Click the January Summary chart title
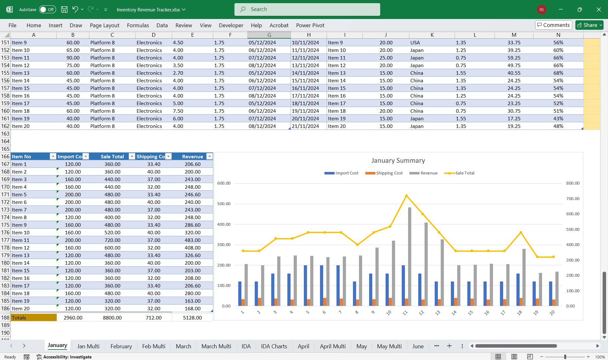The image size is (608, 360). (398, 161)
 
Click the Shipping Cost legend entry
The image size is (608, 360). (384, 173)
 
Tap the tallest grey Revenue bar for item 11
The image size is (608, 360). (410, 256)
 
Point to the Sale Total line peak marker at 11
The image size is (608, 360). (406, 196)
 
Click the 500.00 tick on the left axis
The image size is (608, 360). (224, 204)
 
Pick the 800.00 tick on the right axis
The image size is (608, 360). (573, 183)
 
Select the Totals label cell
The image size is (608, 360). (34, 318)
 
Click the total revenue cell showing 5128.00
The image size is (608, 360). (192, 318)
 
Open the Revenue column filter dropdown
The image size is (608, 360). (209, 156)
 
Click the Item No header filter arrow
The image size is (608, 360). (53, 156)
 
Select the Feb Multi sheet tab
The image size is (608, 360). (154, 346)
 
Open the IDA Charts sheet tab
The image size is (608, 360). (274, 346)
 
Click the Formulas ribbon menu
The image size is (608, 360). (138, 25)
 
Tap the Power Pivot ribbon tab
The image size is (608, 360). (310, 25)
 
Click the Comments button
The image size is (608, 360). (553, 25)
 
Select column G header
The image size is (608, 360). (269, 35)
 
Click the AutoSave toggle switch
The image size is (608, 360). (48, 9)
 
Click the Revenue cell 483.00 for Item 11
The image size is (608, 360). (192, 240)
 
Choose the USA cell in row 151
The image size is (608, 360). (415, 42)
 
